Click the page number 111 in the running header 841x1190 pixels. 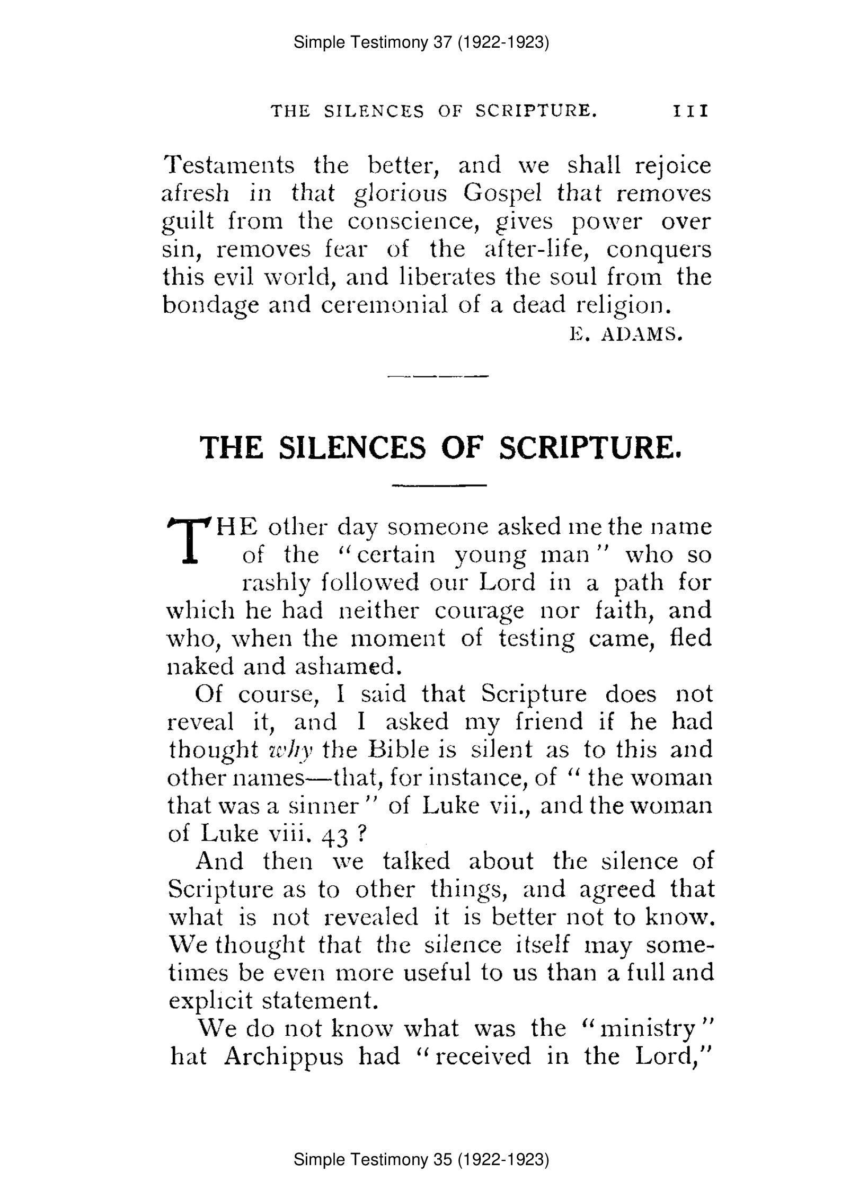(x=690, y=111)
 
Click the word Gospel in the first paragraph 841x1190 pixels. (x=502, y=193)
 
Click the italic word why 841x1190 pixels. (x=291, y=750)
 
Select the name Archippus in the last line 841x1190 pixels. (x=284, y=1056)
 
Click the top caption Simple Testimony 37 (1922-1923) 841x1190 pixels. (x=421, y=42)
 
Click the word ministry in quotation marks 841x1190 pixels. (x=648, y=1029)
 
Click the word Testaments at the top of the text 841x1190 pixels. (x=228, y=165)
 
